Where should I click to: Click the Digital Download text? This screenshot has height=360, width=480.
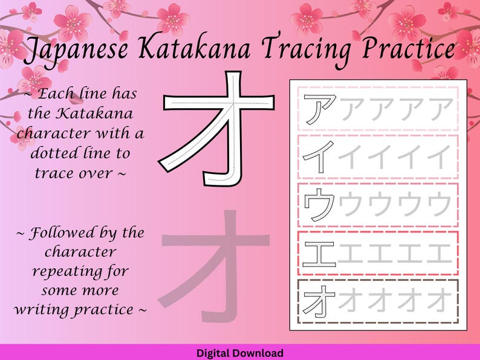(x=239, y=353)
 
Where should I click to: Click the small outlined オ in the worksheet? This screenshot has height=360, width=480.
(x=320, y=300)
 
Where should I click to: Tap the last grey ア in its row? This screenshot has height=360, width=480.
(x=440, y=109)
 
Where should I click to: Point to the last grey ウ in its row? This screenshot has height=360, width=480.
(x=439, y=204)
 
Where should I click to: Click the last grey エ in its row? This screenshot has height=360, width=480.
(x=439, y=252)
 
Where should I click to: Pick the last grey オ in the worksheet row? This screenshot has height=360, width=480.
(x=439, y=300)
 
